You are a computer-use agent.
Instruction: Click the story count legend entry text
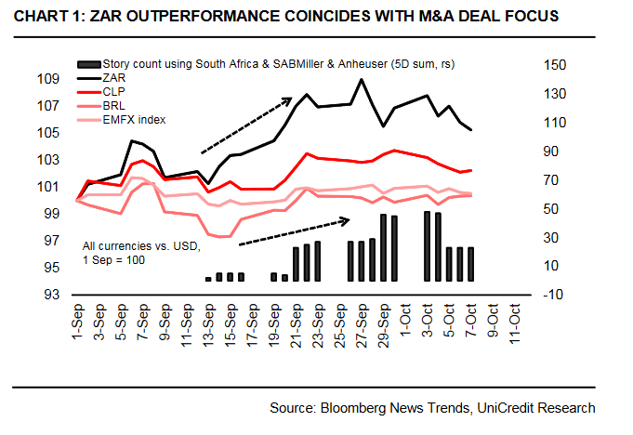[x=279, y=65]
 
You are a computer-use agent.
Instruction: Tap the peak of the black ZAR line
[x=361, y=79]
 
